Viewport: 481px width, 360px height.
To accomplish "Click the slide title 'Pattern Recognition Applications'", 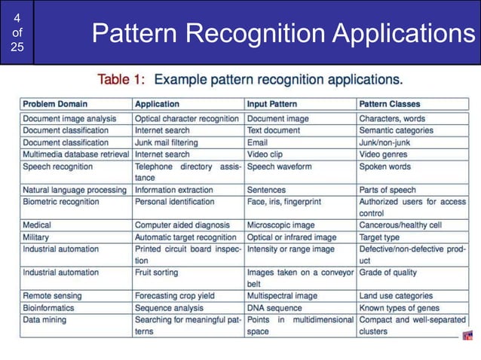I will point(278,33).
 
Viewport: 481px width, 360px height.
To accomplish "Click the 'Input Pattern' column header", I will point(271,104).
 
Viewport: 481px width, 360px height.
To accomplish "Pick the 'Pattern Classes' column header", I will point(390,104).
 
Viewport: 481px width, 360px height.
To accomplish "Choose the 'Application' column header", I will point(157,104).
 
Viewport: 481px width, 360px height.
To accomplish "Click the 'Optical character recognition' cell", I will point(187,118).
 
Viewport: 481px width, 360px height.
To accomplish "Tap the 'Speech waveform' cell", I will point(279,166).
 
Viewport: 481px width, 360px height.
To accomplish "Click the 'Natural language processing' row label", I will point(74,191).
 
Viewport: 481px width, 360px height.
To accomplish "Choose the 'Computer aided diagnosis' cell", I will point(182,225).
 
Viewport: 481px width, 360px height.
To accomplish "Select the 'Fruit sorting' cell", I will point(158,273).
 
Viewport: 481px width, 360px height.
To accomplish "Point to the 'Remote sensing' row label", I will point(52,296).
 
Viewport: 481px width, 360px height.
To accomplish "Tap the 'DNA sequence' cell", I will point(274,308).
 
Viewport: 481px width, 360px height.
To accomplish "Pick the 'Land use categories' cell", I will point(396,296).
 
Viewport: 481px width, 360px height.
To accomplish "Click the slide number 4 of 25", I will point(17,32).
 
